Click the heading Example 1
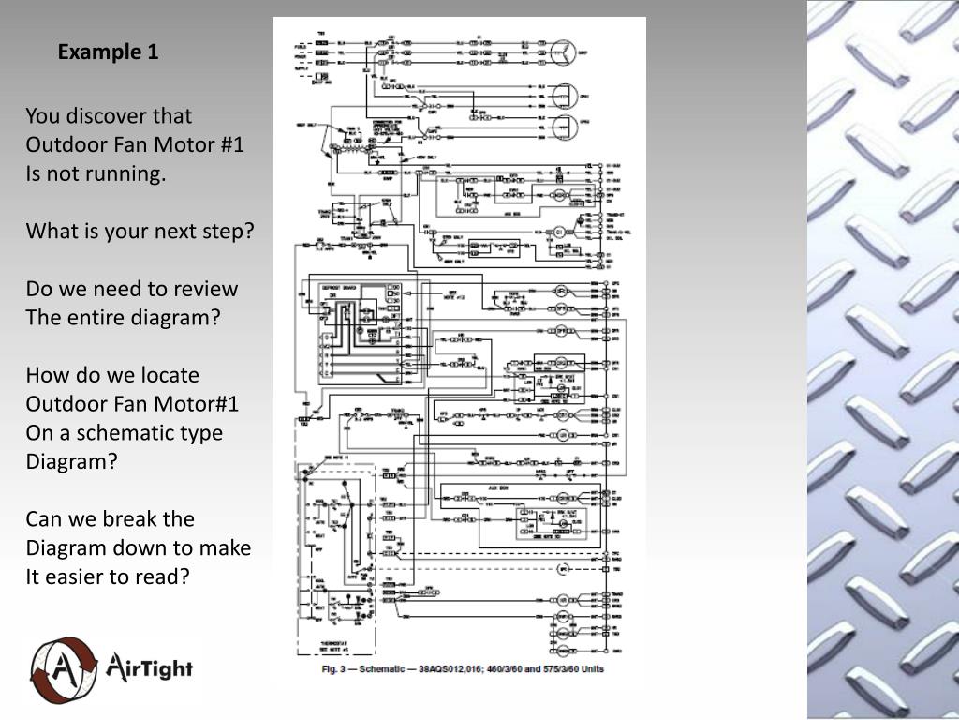tap(108, 52)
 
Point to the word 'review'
tap(206, 289)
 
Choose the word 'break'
tap(121, 519)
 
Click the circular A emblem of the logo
tap(62, 669)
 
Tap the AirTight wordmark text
tap(150, 668)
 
